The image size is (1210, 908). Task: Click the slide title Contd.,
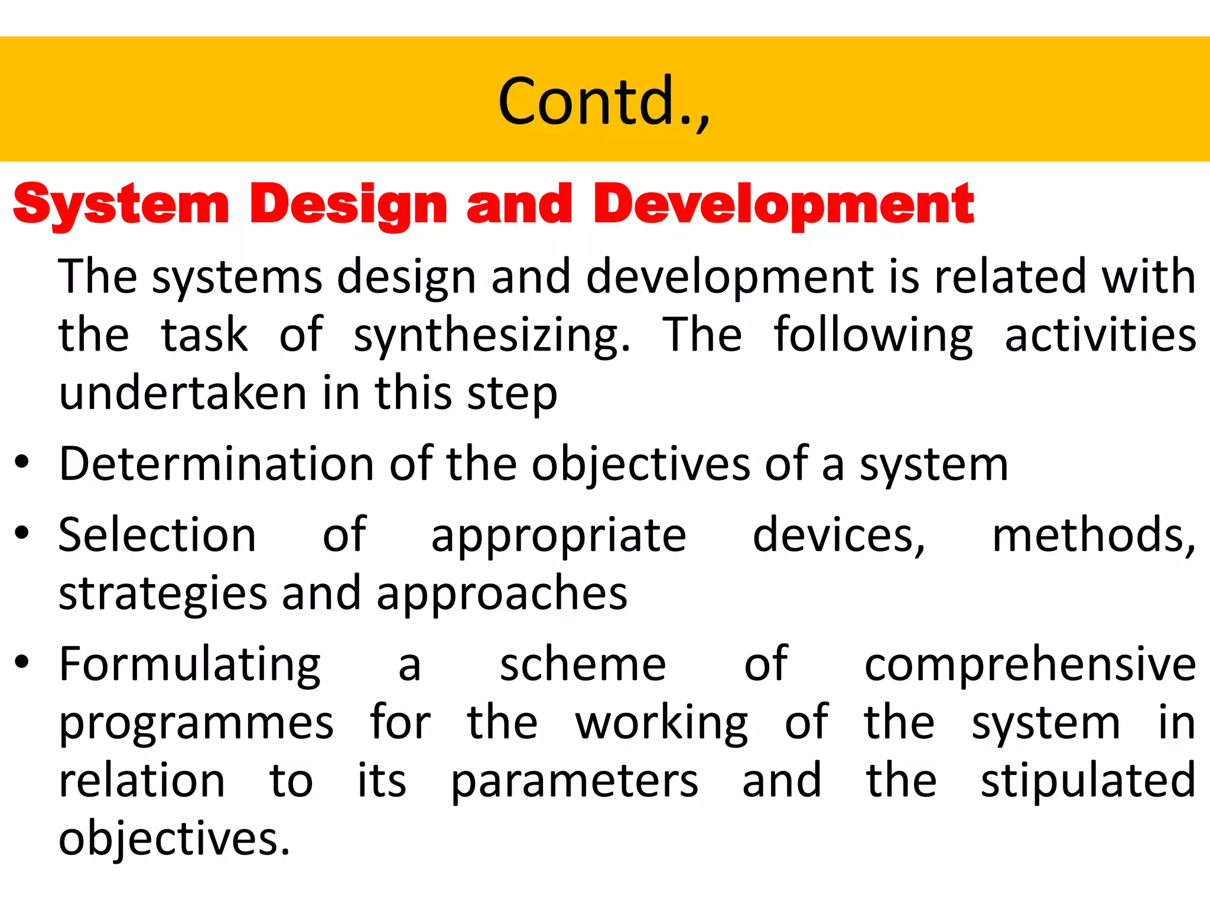pos(604,102)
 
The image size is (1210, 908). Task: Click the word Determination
pos(216,464)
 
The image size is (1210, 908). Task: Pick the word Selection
pos(157,535)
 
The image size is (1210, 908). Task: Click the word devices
pos(838,535)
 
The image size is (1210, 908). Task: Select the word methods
pos(1093,535)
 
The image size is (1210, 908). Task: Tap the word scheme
pos(583,664)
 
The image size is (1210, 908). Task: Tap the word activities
pos(1100,335)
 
